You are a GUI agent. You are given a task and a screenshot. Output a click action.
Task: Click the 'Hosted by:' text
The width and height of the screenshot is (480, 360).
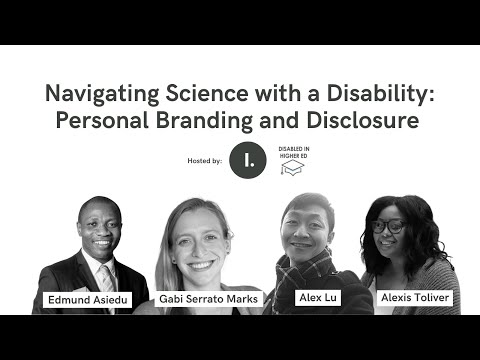204,160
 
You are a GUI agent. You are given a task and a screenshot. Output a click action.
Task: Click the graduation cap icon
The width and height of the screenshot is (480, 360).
291,168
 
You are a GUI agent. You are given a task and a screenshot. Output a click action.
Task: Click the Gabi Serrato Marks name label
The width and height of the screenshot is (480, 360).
209,299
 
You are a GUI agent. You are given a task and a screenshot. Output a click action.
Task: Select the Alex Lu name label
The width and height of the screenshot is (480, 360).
315,298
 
